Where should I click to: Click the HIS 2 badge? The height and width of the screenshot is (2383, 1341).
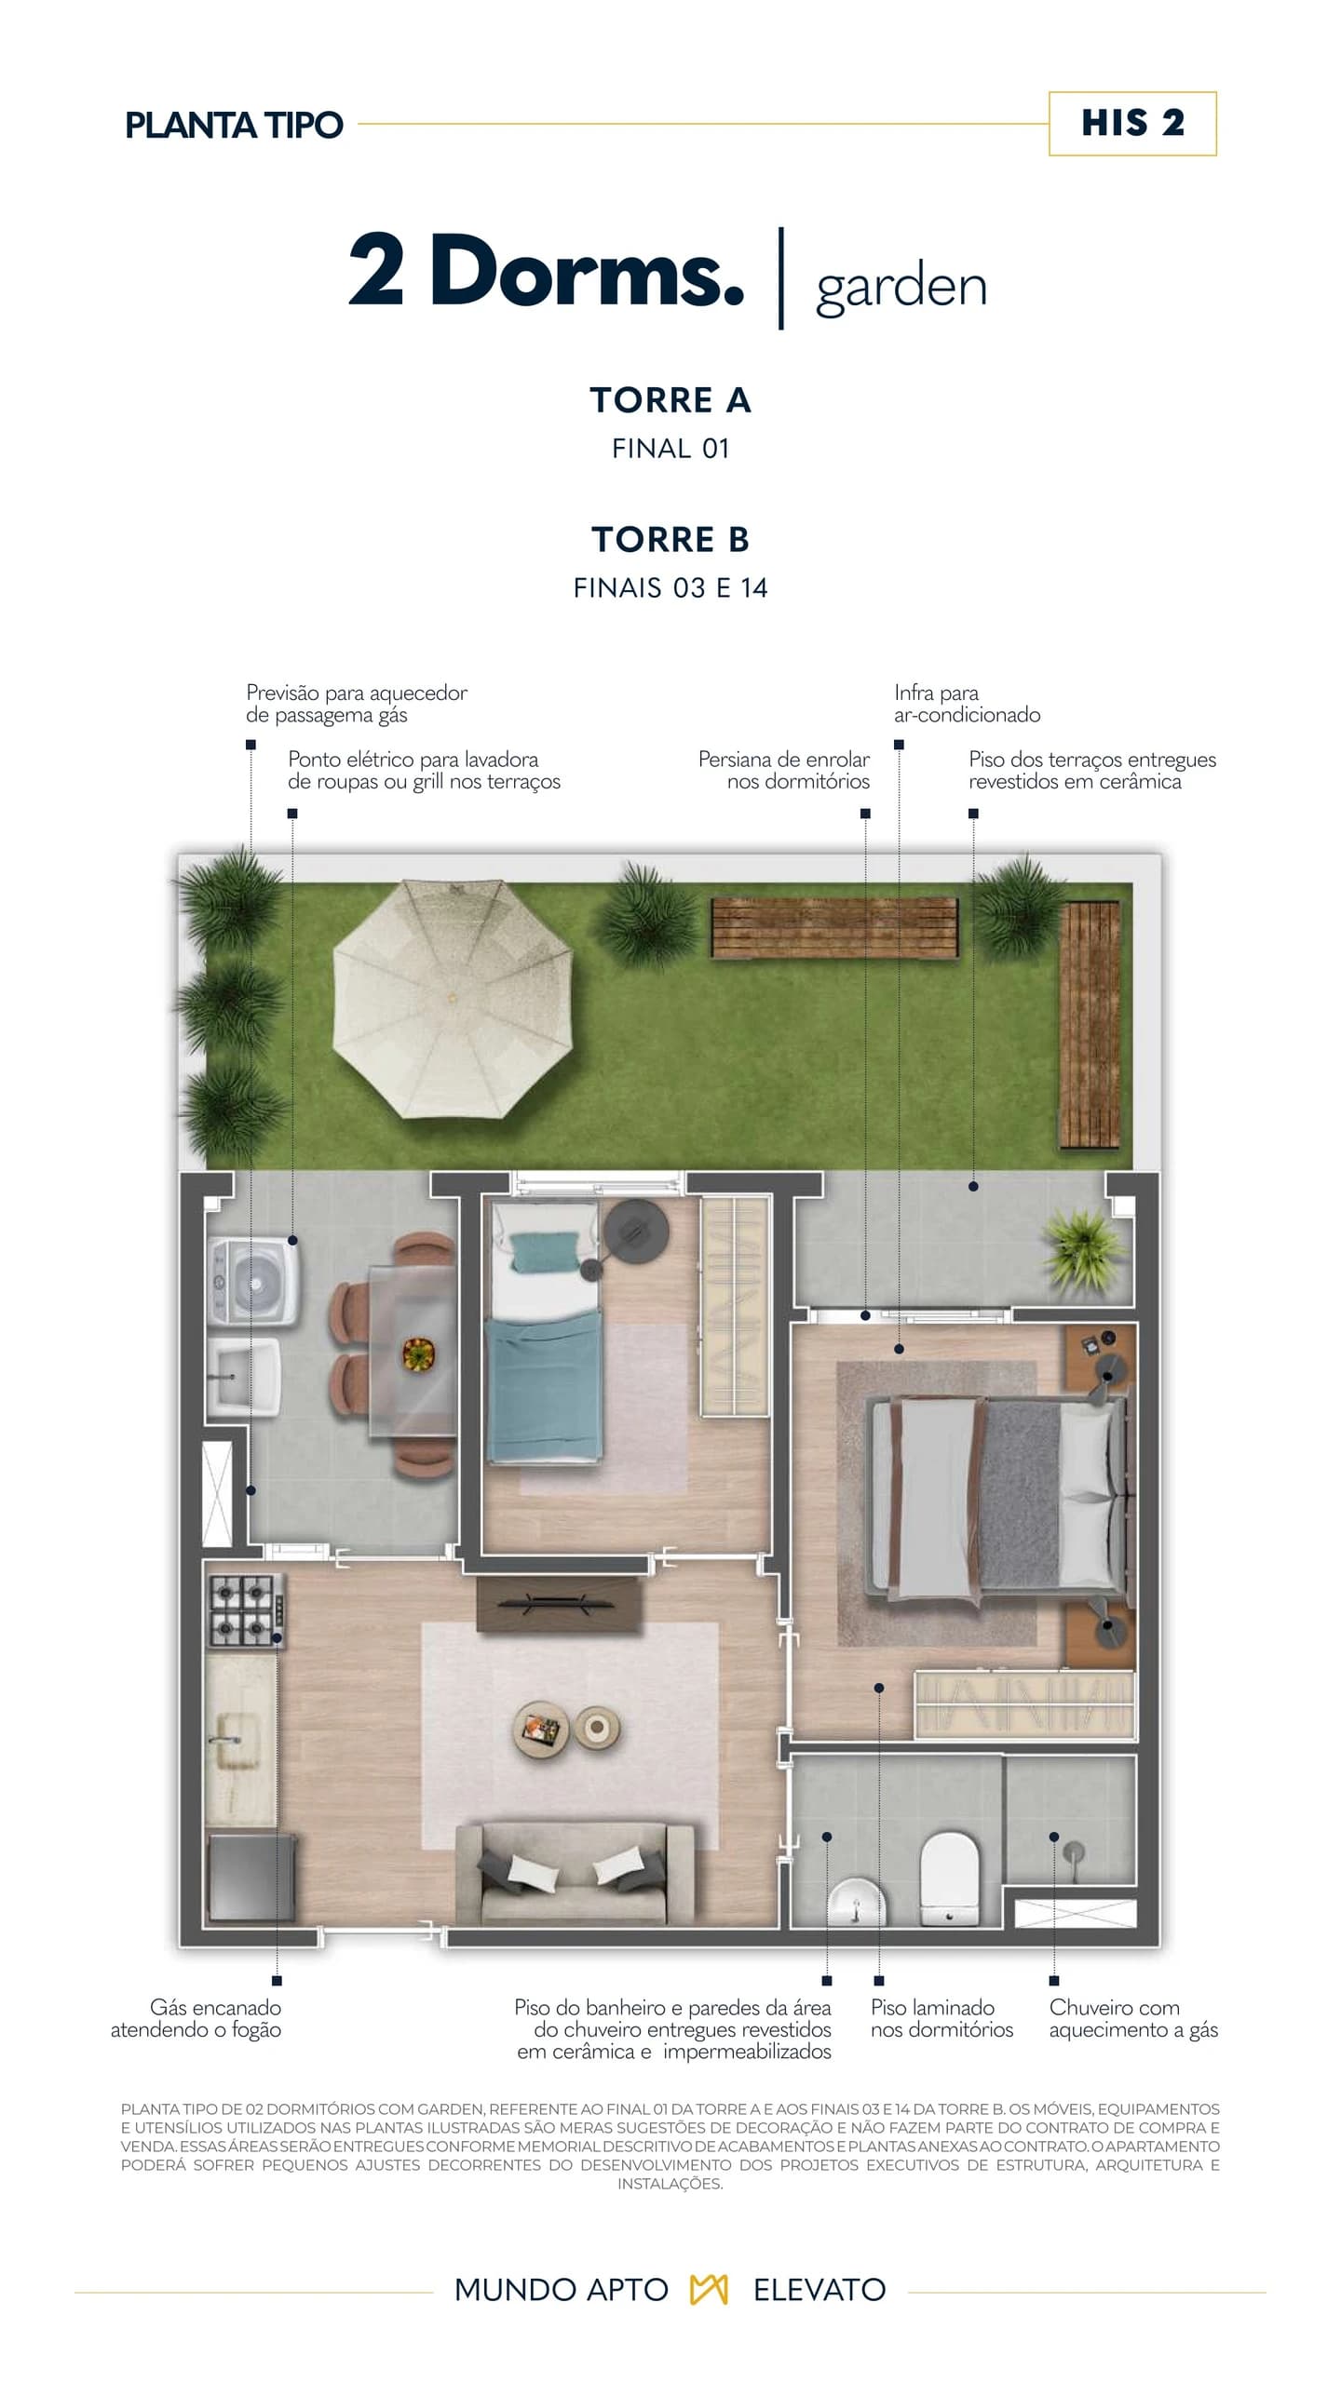tap(1132, 123)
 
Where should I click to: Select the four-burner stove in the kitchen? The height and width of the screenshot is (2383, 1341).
tap(245, 1610)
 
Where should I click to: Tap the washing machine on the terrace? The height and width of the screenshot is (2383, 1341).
tap(252, 1280)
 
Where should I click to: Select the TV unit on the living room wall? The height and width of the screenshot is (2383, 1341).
tap(559, 1604)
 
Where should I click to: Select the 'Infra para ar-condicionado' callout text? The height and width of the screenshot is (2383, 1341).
tap(967, 704)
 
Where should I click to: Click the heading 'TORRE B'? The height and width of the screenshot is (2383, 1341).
tap(670, 539)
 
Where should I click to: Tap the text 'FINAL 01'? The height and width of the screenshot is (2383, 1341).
tap(670, 449)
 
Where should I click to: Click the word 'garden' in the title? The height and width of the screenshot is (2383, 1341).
tap(901, 289)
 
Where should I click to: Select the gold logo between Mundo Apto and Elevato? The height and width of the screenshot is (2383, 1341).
tap(710, 2289)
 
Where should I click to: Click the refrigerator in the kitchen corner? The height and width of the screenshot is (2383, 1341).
tap(251, 1876)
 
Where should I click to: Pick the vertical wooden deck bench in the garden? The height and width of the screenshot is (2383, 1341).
tap(1090, 1024)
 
